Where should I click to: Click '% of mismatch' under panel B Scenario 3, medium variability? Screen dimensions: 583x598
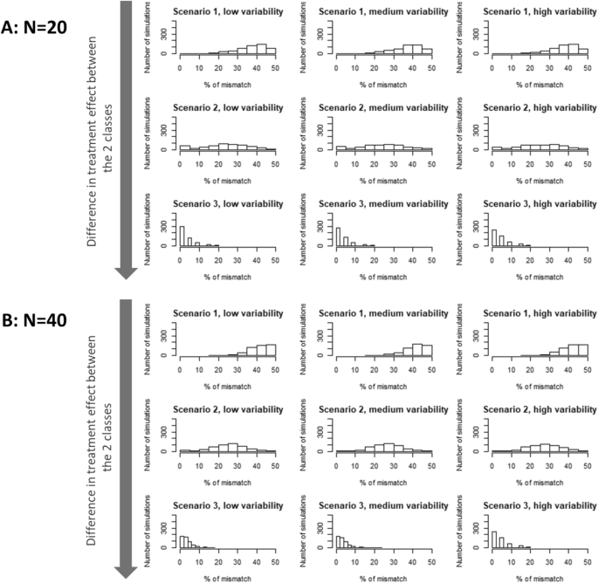coord(383,576)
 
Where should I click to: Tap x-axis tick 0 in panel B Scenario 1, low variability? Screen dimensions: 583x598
coord(179,367)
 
